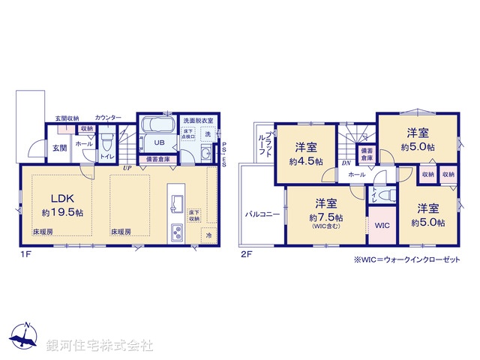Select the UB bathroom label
coord(160,142)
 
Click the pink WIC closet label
coord(382,225)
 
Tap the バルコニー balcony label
coord(262,214)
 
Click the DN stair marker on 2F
coord(346,162)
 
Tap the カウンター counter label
coord(108,118)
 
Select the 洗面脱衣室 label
coord(198,120)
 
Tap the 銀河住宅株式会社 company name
coord(99,345)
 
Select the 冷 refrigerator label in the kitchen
coord(208,235)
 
